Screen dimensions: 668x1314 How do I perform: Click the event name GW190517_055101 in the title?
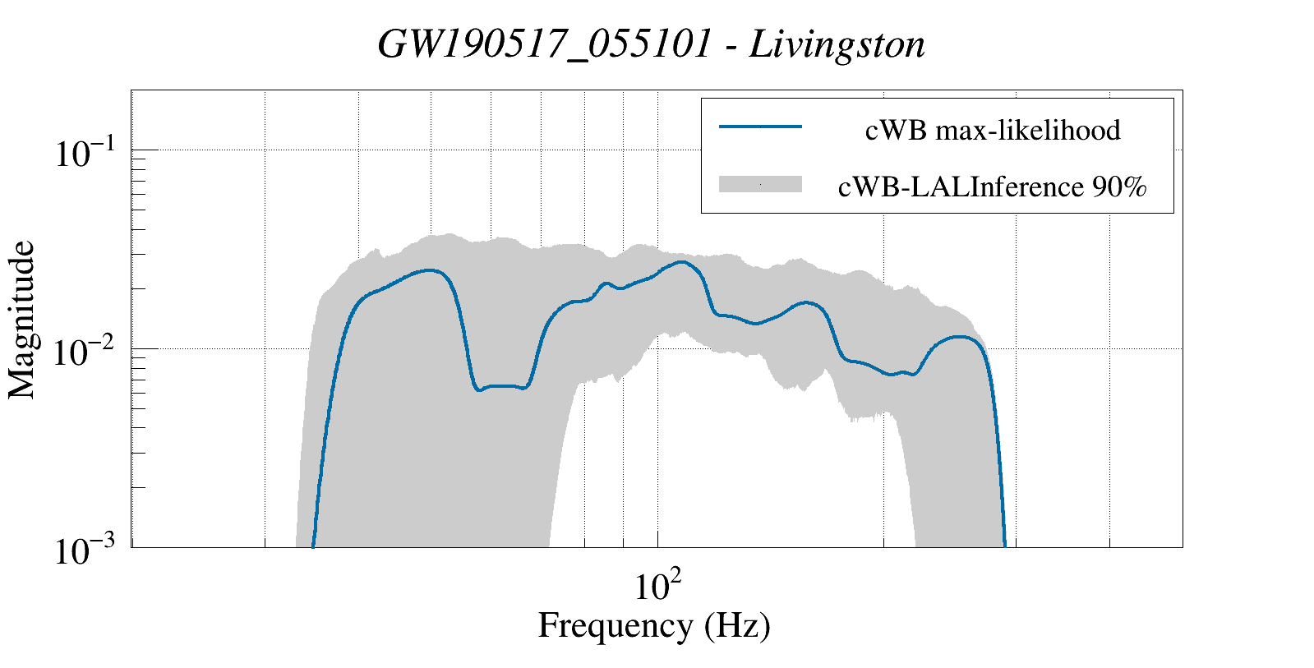[543, 44]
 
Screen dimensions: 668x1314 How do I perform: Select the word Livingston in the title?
[837, 44]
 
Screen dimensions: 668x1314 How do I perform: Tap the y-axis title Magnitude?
[23, 320]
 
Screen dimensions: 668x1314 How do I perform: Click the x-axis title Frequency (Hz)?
[654, 625]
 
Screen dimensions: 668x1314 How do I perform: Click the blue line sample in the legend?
[760, 127]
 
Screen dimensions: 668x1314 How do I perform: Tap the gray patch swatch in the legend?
[760, 185]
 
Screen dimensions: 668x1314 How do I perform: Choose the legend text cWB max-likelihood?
[993, 130]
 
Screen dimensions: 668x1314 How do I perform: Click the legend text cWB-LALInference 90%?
[992, 187]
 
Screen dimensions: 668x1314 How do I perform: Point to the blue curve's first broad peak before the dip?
[428, 270]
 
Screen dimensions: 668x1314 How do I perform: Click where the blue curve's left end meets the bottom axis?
[313, 546]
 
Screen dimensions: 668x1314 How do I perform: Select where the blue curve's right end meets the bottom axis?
[1004, 546]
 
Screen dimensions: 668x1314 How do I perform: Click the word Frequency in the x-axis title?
[615, 625]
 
